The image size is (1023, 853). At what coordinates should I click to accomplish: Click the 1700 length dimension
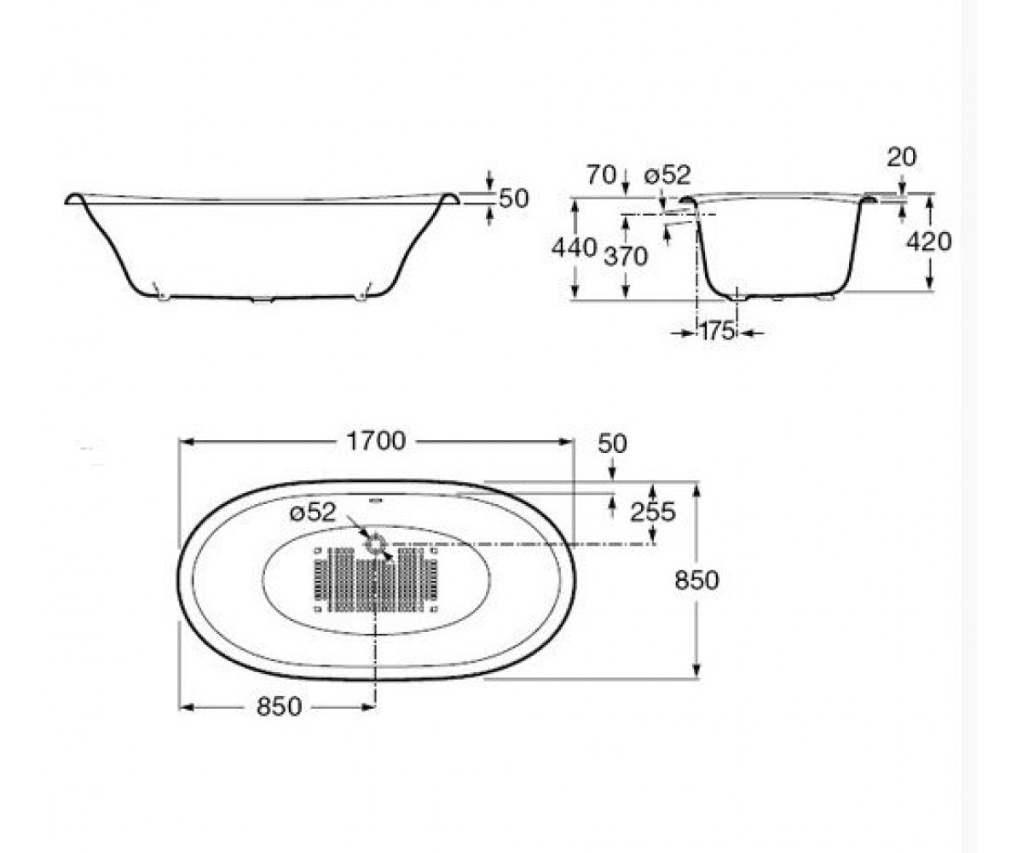point(376,441)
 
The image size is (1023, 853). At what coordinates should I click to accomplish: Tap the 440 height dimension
point(574,248)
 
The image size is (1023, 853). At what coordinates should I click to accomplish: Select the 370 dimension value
point(625,257)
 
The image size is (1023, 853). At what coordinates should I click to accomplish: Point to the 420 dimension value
point(929,241)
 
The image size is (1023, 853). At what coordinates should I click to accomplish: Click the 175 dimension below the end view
point(716,332)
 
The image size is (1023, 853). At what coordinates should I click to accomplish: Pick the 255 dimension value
point(653,513)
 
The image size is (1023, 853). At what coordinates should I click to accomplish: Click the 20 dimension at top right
point(901,157)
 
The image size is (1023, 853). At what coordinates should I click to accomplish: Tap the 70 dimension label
point(601,175)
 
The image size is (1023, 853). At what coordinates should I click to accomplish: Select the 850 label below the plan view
point(280,707)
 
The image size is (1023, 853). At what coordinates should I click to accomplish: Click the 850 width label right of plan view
point(696,580)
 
